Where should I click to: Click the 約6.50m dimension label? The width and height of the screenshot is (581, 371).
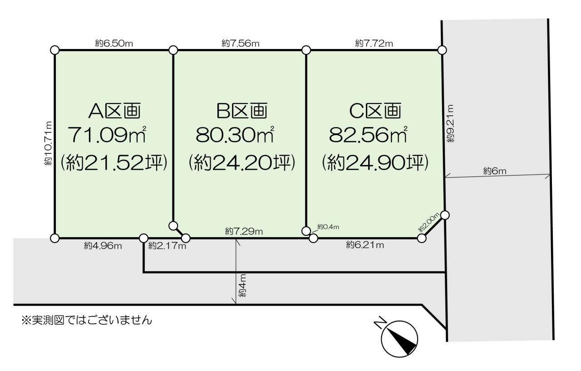[x=114, y=43]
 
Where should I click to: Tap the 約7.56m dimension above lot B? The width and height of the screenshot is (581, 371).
[x=241, y=43]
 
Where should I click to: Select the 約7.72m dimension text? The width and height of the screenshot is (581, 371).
[x=374, y=43]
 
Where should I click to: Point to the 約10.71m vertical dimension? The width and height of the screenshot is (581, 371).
[x=48, y=143]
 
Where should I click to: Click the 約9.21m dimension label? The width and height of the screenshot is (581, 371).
[x=451, y=123]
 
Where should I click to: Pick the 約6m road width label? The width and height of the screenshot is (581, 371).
[x=495, y=171]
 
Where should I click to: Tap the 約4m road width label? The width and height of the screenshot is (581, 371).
[x=242, y=285]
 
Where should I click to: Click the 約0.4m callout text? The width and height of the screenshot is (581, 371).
[x=328, y=227]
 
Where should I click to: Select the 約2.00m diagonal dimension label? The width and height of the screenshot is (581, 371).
[x=428, y=222]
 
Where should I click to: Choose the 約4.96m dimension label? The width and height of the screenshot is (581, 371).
[x=103, y=246]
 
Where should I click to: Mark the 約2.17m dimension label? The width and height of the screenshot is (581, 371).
[x=167, y=246]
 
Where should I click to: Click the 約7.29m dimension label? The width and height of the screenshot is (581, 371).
[x=244, y=231]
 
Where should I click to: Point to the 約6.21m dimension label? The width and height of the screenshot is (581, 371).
[x=365, y=245]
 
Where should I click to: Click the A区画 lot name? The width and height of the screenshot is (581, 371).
[x=115, y=111]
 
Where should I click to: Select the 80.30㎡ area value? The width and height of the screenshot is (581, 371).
[x=235, y=135]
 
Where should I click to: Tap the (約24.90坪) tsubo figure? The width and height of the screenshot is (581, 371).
[x=375, y=163]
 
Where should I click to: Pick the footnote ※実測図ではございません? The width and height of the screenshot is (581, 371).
[x=87, y=321]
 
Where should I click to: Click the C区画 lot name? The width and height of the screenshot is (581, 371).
[x=375, y=111]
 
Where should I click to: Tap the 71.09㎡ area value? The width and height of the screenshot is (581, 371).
[x=107, y=135]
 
